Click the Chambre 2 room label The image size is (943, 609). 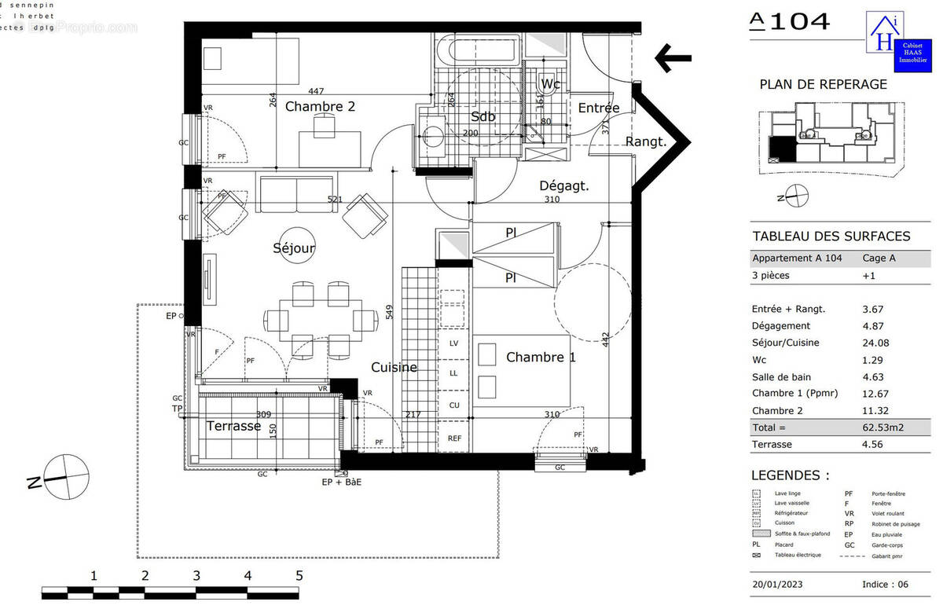pyautogui.click(x=320, y=107)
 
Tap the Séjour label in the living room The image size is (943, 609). pyautogui.click(x=293, y=248)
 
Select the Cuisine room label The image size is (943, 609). pyautogui.click(x=394, y=367)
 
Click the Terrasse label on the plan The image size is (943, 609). pyautogui.click(x=233, y=426)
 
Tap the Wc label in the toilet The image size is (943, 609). pyautogui.click(x=550, y=84)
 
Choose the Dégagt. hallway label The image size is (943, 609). pyautogui.click(x=563, y=186)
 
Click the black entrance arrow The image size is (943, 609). pyautogui.click(x=673, y=57)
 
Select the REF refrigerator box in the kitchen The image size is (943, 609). pyautogui.click(x=454, y=438)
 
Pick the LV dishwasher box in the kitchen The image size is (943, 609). pyautogui.click(x=454, y=343)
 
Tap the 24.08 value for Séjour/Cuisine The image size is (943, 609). pyautogui.click(x=877, y=343)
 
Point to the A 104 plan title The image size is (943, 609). pyautogui.click(x=789, y=21)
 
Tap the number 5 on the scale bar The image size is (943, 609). pyautogui.click(x=299, y=575)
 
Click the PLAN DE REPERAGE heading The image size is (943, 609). pyautogui.click(x=823, y=85)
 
